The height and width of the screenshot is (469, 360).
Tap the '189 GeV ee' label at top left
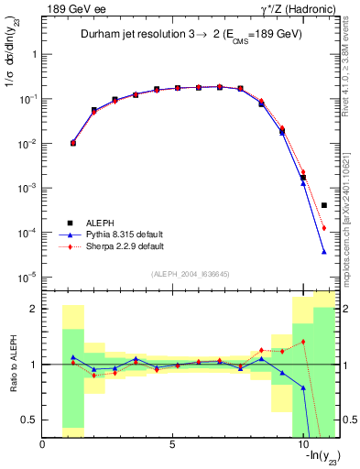pos(71,9)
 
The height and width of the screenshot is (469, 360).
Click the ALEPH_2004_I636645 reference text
pos(190,275)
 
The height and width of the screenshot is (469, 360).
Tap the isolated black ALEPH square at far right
pos(324,205)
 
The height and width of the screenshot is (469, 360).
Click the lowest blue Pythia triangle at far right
pos(324,251)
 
